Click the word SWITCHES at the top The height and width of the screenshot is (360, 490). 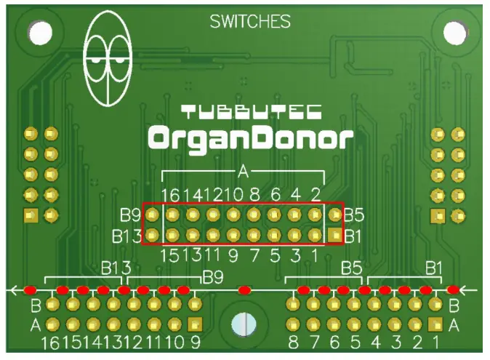[x=250, y=22]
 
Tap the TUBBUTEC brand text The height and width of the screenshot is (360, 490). [x=252, y=112]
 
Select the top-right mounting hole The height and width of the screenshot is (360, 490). [x=454, y=31]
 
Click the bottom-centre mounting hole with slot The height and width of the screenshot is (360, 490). [x=245, y=324]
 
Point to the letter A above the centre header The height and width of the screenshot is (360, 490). [x=244, y=172]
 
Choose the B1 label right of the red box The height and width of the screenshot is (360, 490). [x=353, y=236]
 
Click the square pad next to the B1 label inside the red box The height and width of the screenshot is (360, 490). [x=334, y=235]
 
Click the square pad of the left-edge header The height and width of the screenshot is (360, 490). [x=31, y=215]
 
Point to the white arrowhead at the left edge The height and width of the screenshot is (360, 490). [x=12, y=290]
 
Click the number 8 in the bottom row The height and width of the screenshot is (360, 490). [x=293, y=343]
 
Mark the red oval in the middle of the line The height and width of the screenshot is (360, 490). [x=245, y=290]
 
